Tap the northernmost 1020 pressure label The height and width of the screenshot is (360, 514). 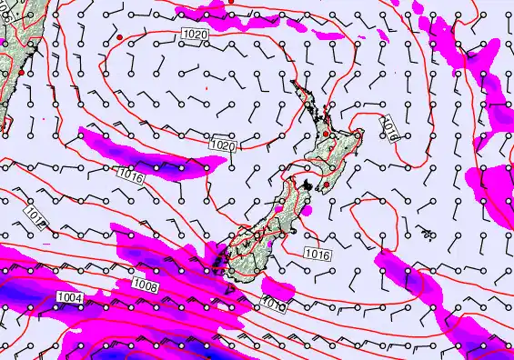196,34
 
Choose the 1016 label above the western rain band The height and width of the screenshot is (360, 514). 130,175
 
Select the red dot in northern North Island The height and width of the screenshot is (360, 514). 327,135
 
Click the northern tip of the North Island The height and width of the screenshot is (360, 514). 293,82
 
